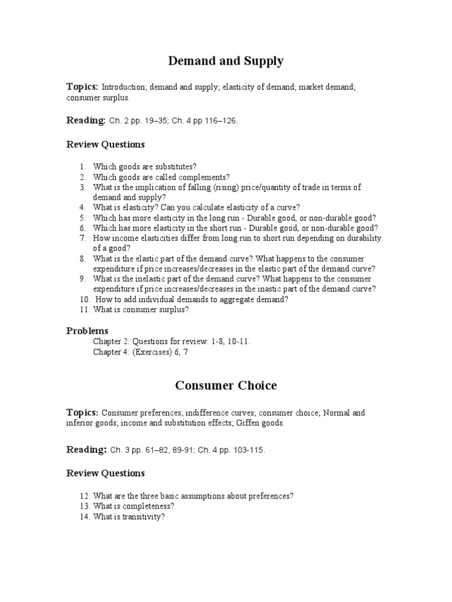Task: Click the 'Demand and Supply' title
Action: (226, 61)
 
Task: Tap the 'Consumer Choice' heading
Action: (226, 386)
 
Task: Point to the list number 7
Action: (83, 238)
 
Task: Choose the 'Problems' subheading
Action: (87, 330)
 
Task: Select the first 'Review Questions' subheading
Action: (105, 144)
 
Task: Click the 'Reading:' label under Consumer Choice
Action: (86, 450)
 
